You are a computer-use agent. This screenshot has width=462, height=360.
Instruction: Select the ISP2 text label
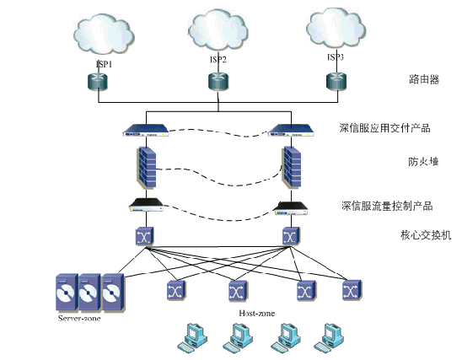pyautogui.click(x=218, y=60)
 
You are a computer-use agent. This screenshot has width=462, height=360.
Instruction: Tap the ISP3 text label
pyautogui.click(x=336, y=56)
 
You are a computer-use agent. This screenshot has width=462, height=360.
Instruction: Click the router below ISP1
pyautogui.click(x=98, y=82)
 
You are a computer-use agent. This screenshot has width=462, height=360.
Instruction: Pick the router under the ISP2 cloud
pyautogui.click(x=218, y=82)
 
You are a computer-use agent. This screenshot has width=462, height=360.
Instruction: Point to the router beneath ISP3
pyautogui.click(x=336, y=81)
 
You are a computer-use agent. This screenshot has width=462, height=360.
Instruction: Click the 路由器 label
pyautogui.click(x=424, y=79)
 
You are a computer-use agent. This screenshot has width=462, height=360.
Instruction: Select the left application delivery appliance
pyautogui.click(x=146, y=130)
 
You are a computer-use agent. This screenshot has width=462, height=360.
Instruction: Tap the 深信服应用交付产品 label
pyautogui.click(x=384, y=128)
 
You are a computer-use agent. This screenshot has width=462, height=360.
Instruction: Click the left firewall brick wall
pyautogui.click(x=147, y=167)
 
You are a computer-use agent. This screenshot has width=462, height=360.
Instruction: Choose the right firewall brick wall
pyautogui.click(x=292, y=167)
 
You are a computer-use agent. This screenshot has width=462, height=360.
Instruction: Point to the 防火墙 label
pyautogui.click(x=423, y=162)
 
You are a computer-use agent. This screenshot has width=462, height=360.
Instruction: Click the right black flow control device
pyautogui.click(x=291, y=208)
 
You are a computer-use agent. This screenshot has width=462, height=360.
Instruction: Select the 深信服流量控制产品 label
pyautogui.click(x=387, y=206)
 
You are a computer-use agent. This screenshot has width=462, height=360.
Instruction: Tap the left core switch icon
pyautogui.click(x=144, y=236)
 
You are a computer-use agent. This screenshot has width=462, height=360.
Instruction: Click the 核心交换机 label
pyautogui.click(x=426, y=235)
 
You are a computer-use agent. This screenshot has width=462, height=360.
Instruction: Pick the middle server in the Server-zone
pyautogui.click(x=89, y=293)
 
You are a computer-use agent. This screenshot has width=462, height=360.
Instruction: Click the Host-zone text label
pyautogui.click(x=257, y=313)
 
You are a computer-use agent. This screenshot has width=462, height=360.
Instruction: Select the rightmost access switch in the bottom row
pyautogui.click(x=352, y=290)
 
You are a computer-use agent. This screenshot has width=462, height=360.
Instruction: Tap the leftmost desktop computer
pyautogui.click(x=192, y=337)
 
